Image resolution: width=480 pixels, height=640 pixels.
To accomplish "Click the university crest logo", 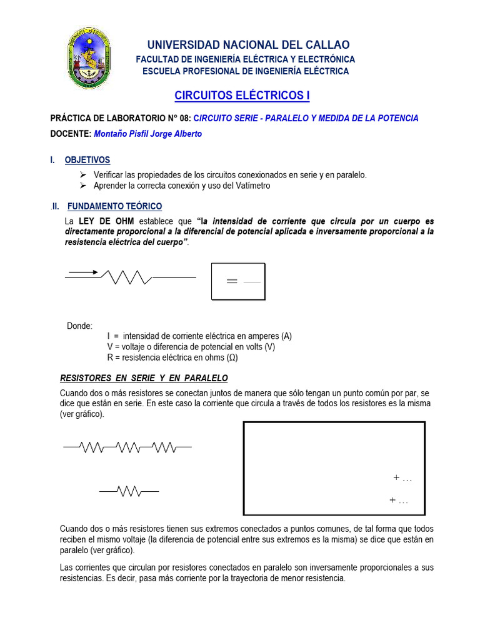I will click(x=91, y=57).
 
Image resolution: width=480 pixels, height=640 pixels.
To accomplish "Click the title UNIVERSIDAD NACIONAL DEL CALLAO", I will click(x=248, y=45).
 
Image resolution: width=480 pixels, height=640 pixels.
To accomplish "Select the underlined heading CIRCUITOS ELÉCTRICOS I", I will click(x=241, y=96).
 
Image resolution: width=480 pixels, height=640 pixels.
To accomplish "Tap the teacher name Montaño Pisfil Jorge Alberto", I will click(x=147, y=134).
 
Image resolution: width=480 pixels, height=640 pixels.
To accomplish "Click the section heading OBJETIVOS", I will click(x=87, y=160).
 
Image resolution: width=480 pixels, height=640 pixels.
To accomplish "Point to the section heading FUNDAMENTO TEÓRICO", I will click(x=114, y=206).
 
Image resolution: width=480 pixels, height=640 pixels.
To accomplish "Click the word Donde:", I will click(x=79, y=326).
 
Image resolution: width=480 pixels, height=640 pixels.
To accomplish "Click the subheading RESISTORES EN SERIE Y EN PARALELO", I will click(x=144, y=378).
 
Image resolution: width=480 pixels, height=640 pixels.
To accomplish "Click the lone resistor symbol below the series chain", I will click(x=128, y=492).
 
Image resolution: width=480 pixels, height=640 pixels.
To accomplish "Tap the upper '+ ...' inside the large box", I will click(x=402, y=478).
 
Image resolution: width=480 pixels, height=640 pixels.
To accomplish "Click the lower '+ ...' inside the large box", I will click(x=398, y=501).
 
